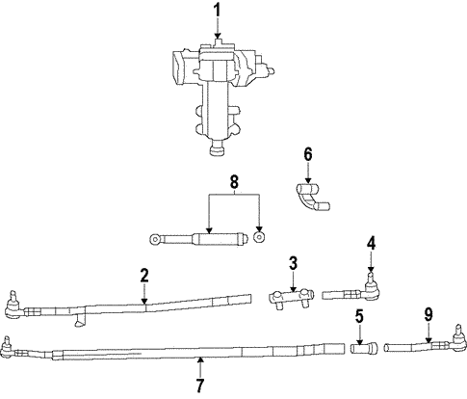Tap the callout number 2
[x=143, y=277]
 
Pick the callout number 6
[x=308, y=153]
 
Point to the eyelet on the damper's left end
[x=155, y=237]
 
